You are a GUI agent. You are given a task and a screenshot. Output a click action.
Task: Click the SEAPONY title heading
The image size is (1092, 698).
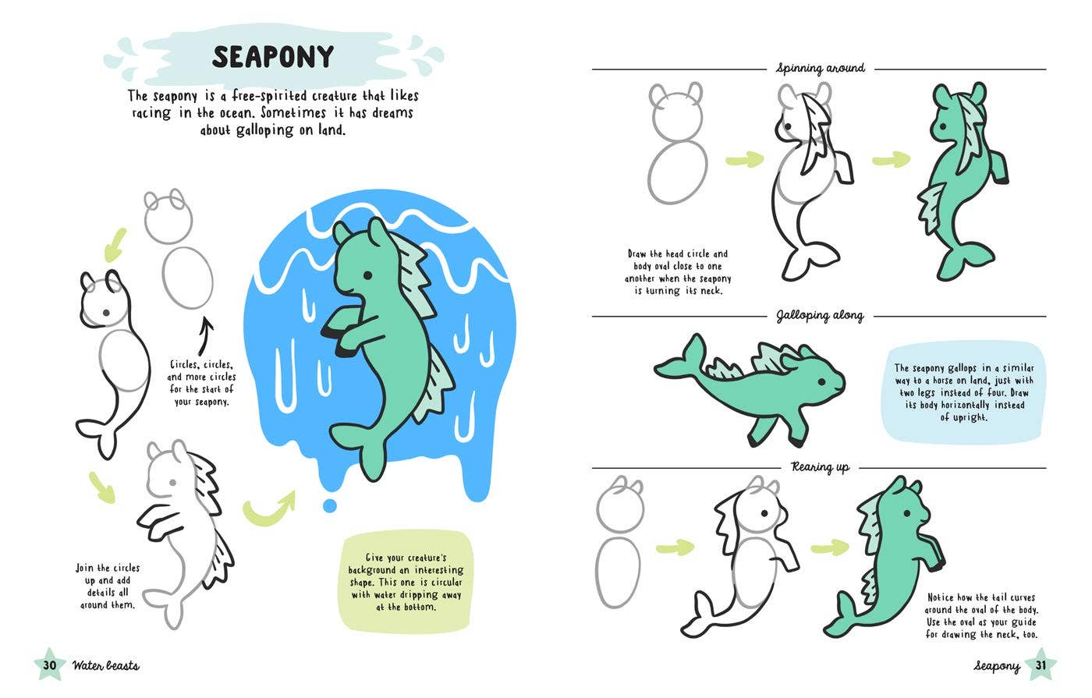[273, 56]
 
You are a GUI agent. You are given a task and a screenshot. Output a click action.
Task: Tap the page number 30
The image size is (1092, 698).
[50, 665]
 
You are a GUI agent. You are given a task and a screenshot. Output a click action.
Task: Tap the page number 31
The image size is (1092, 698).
[1041, 664]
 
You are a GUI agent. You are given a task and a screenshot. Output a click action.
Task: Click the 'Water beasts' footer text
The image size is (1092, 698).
[106, 665]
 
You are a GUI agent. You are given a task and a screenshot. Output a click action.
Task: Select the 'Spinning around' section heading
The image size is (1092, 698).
[821, 68]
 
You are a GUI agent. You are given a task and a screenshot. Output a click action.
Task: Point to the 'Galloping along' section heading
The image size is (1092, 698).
[820, 316]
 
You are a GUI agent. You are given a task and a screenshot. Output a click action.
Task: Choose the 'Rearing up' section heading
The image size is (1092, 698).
[820, 467]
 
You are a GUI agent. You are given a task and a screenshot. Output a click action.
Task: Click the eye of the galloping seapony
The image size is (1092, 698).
[822, 381]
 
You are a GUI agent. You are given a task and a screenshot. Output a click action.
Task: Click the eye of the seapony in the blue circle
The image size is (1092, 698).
[367, 276]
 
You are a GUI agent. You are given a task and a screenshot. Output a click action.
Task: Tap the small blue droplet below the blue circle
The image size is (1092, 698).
[330, 505]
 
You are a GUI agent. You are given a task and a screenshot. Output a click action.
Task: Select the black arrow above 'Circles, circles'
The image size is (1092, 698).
[206, 336]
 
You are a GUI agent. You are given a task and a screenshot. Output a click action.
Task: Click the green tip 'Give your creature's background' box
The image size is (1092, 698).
[406, 582]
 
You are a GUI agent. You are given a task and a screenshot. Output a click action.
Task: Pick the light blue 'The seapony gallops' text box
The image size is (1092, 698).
[963, 392]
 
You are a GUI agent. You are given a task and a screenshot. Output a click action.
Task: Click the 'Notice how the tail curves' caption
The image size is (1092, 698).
[981, 615]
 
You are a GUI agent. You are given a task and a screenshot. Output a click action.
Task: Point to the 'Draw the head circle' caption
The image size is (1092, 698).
[678, 272]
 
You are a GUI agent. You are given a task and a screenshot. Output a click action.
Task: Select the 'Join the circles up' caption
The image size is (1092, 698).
[108, 586]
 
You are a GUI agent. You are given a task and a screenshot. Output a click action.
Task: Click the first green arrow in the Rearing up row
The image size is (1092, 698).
[675, 547]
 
